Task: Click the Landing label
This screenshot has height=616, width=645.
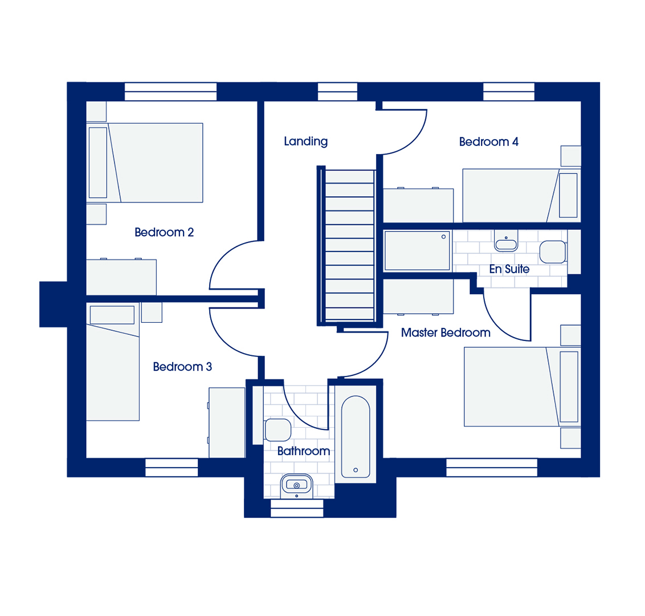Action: [305, 141]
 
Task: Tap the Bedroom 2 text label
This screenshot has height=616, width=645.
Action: [164, 232]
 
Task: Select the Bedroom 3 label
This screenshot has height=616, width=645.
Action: [182, 367]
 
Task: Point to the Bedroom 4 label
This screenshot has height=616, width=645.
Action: [489, 141]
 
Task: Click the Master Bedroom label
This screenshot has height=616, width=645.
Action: [446, 333]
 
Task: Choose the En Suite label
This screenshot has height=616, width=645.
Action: [509, 269]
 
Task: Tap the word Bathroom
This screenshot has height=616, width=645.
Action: [304, 451]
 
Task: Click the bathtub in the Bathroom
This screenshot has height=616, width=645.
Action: [356, 436]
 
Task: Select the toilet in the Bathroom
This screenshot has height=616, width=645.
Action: [277, 430]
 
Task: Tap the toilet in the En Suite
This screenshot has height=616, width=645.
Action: [553, 252]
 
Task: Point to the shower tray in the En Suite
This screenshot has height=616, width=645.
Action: [417, 250]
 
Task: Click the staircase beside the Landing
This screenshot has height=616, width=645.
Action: [349, 245]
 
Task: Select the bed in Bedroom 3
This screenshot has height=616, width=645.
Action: [113, 362]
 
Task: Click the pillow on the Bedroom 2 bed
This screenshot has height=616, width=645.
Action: [98, 163]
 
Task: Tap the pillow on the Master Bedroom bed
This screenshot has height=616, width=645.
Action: [569, 387]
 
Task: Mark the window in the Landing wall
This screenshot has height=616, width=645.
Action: [337, 91]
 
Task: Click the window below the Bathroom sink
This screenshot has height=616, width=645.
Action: [297, 509]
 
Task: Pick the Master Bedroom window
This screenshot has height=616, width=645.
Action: [492, 468]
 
